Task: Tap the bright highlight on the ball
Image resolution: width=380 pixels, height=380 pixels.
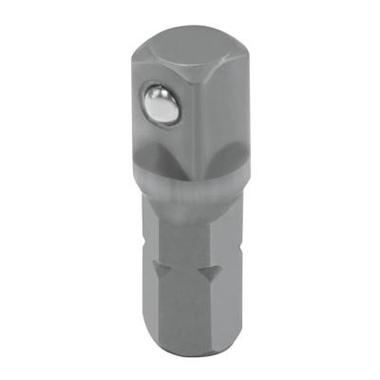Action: pos(161,98)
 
